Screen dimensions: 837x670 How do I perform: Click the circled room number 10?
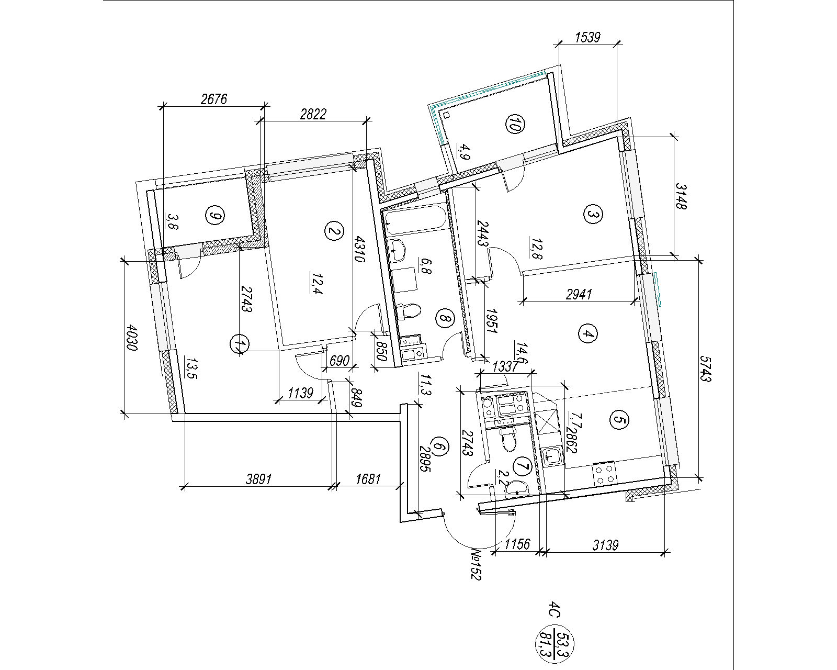515,124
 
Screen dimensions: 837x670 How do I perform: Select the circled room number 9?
215,215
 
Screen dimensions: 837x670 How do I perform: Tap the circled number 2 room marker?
334,231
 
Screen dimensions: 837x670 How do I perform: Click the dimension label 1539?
587,37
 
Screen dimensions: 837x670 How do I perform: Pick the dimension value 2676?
214,99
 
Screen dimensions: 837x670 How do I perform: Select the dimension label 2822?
313,114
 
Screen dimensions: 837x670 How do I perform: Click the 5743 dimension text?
705,368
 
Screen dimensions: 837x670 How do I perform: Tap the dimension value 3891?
258,479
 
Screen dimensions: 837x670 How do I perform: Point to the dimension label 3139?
606,545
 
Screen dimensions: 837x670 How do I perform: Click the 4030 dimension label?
132,338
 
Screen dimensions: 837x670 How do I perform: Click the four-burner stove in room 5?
604,474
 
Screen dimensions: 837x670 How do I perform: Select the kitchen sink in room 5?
552,456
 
